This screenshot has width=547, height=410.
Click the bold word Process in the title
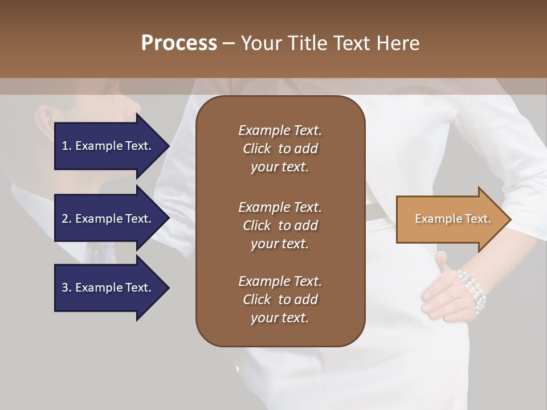(179, 43)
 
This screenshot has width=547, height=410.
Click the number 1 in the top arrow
(65, 146)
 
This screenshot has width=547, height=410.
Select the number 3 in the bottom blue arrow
(65, 288)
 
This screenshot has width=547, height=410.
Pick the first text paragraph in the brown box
(280, 149)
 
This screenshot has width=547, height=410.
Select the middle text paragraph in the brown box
(280, 225)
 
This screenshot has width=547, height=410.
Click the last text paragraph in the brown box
(280, 300)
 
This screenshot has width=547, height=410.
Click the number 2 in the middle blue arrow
(65, 219)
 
